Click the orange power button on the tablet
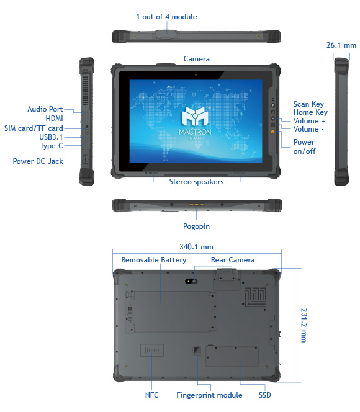point(273,132)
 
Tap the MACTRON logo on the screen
point(195,123)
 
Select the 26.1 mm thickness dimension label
point(341,45)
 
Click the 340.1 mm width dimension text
point(196,247)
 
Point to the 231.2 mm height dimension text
point(304,325)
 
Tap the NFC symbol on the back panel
point(152,350)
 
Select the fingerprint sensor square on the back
point(197,351)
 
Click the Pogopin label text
point(196,226)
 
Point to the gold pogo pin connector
point(197,204)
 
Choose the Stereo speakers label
point(196,182)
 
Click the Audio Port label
point(45,109)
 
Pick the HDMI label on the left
point(55,119)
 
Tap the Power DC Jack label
point(38,161)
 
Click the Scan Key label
point(308,104)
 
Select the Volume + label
point(309,121)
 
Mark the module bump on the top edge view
point(166,34)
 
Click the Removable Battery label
point(154,260)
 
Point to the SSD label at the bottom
point(264,395)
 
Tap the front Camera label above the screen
point(197,59)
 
